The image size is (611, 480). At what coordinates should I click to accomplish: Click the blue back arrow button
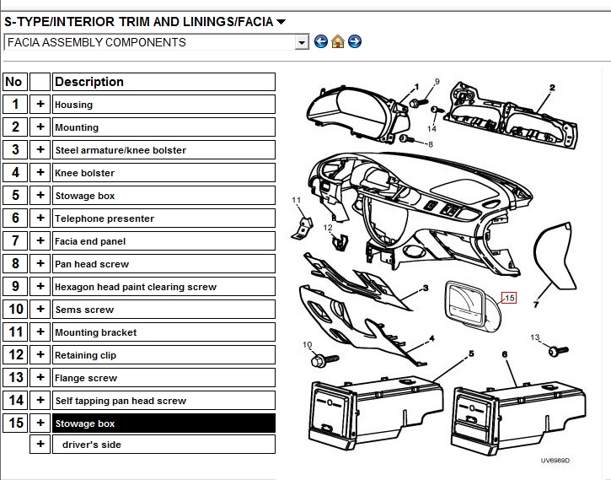(321, 41)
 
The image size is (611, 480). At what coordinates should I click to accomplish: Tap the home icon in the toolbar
(338, 41)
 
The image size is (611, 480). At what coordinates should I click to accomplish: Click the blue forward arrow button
(355, 41)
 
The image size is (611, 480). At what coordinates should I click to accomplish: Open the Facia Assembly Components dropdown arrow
(301, 42)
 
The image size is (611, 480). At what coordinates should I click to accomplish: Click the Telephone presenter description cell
(163, 218)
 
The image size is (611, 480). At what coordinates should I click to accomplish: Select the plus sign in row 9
(40, 286)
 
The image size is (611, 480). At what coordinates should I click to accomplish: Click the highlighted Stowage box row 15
(163, 423)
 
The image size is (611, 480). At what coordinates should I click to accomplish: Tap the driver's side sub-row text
(92, 445)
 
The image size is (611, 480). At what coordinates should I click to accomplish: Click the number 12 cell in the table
(15, 354)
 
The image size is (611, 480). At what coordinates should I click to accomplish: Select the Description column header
(163, 82)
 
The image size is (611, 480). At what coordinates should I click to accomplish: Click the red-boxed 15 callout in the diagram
(509, 298)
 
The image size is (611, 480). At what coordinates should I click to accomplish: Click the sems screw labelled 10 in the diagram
(324, 359)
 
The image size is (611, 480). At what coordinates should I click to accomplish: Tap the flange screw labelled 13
(558, 351)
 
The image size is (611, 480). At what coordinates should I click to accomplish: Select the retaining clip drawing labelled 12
(340, 242)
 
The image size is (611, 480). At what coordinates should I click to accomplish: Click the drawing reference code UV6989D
(555, 461)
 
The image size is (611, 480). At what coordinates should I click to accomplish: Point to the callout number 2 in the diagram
(552, 88)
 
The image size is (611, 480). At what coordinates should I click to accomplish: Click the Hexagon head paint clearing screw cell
(163, 287)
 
